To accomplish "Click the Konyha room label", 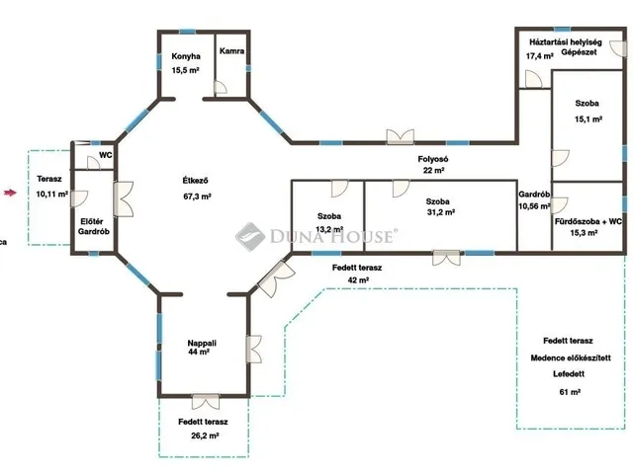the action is [x=186, y=56].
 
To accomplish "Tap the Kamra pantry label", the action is [x=231, y=51].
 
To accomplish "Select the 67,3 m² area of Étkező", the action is [x=198, y=197].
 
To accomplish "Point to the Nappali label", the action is [x=202, y=343].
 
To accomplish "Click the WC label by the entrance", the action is [x=106, y=155].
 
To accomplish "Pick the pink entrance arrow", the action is [x=11, y=193].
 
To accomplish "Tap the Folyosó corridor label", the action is [x=433, y=159].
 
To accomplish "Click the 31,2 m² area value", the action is [x=441, y=212].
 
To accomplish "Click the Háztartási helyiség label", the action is [x=566, y=41].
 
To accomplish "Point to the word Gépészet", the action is [x=579, y=52].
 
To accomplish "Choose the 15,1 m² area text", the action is [x=588, y=119].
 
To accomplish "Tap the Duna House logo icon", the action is [x=250, y=237].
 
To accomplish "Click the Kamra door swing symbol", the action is [x=220, y=88].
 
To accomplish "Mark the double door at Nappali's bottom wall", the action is [x=206, y=402].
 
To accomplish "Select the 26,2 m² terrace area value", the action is [x=205, y=435].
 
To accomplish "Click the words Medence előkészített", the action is [x=571, y=357].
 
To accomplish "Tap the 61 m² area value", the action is [x=570, y=392].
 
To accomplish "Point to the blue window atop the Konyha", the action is [x=187, y=32].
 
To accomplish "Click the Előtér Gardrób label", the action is [x=94, y=226].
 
